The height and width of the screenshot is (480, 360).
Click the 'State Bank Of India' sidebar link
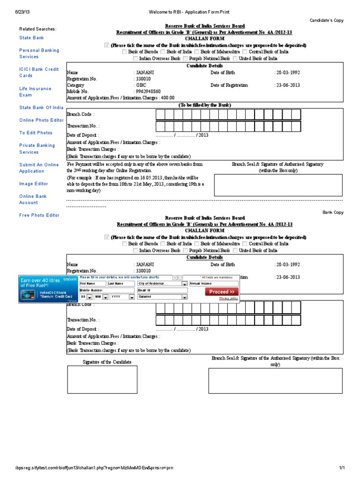(x=41, y=107)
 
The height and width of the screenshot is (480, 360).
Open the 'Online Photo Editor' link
(x=41, y=120)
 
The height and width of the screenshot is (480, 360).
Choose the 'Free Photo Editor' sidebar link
(x=39, y=215)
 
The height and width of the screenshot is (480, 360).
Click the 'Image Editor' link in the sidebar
(x=34, y=184)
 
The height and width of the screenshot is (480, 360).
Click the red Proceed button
(x=221, y=292)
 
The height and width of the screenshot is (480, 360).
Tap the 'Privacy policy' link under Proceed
(x=228, y=298)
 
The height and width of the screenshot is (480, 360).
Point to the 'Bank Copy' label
(x=333, y=212)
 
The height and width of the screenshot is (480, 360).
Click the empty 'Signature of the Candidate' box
(x=102, y=379)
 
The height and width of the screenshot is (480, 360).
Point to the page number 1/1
(x=342, y=468)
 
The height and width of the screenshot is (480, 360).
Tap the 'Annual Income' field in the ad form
(x=213, y=284)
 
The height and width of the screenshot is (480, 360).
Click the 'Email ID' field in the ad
(x=159, y=290)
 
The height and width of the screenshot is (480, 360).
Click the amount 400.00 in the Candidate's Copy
(x=168, y=98)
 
